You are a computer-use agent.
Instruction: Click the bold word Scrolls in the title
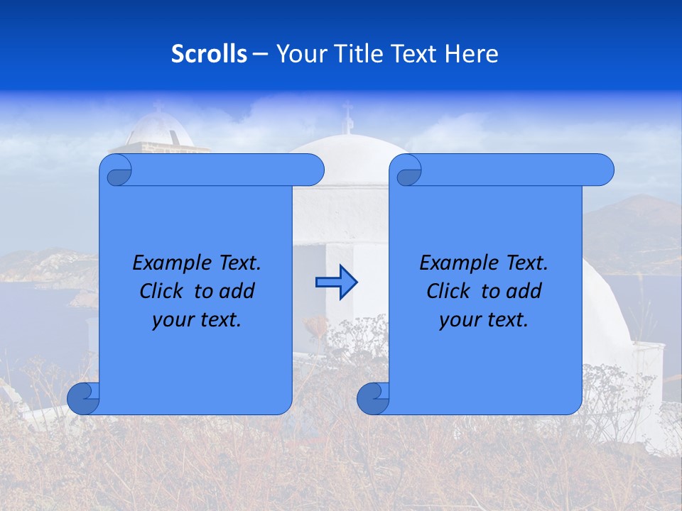point(210,53)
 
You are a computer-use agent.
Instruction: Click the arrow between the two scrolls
point(336,282)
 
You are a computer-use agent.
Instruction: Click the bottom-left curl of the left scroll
point(84,398)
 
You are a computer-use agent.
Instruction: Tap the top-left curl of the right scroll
point(408,171)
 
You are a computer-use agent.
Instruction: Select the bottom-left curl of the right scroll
point(374,398)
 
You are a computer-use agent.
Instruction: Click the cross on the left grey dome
point(158,106)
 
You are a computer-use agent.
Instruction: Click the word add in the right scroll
point(525,291)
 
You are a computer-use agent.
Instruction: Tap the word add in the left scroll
point(238,291)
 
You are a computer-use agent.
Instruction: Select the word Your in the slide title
point(298,53)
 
